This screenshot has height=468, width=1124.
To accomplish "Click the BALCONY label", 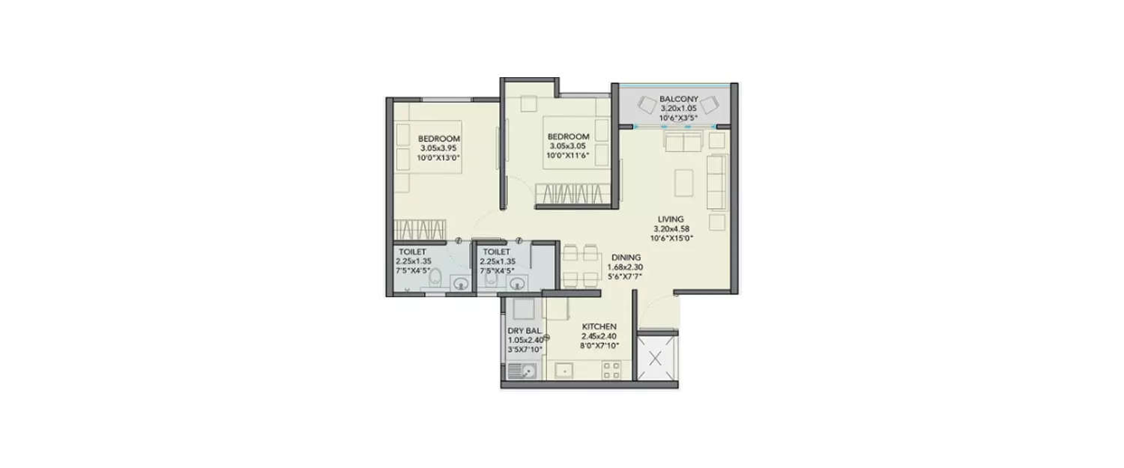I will (x=679, y=98).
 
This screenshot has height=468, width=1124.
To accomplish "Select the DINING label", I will (x=625, y=257).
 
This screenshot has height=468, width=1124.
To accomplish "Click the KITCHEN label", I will (x=599, y=326).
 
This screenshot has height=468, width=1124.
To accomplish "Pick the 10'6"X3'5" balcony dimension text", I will (x=679, y=118).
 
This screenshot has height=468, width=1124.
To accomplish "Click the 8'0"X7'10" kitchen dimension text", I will (x=599, y=346).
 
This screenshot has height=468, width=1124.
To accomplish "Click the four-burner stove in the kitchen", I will (x=611, y=369).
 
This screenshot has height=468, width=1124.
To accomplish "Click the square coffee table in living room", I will (x=685, y=182).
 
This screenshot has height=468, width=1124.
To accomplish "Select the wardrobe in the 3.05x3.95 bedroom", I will (x=420, y=228).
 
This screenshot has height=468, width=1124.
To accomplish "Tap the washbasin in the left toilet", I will (x=461, y=283).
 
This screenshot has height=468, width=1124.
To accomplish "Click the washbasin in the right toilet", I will (x=517, y=283).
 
